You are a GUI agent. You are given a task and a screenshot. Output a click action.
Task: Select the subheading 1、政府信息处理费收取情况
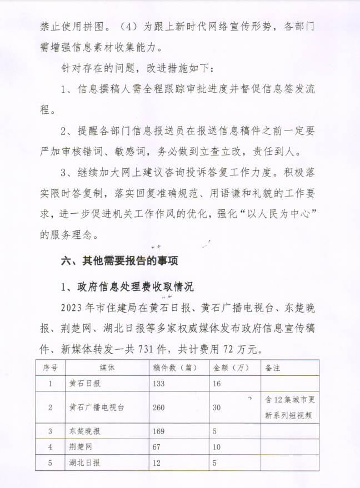127,287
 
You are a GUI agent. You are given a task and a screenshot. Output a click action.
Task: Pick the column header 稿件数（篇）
176,368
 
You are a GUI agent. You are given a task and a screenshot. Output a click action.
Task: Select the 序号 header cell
51,368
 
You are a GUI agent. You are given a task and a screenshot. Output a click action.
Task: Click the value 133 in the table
159,384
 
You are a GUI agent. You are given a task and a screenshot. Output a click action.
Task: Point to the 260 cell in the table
159,407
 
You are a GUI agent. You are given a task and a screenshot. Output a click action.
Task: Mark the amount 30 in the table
217,407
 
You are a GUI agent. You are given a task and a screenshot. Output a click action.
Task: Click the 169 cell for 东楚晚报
159,431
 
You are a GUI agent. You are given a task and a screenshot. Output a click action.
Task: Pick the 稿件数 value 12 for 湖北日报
157,462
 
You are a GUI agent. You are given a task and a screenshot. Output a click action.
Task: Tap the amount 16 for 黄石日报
217,384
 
